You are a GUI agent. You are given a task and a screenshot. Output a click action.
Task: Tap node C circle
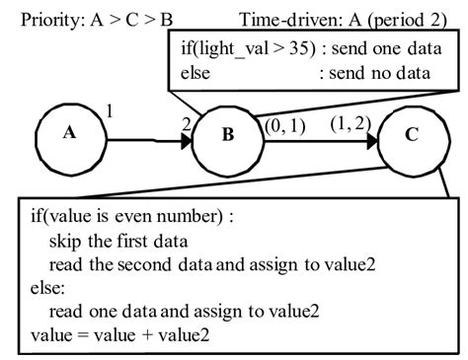pyautogui.click(x=413, y=137)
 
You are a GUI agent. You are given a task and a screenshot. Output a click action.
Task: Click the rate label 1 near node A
pyautogui.click(x=109, y=112)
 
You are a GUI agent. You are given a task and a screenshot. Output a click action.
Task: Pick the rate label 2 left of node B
pyautogui.click(x=185, y=123)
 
